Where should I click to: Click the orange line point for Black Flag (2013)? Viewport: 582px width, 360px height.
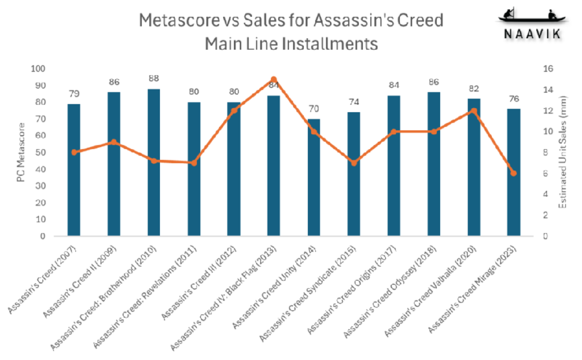(274, 79)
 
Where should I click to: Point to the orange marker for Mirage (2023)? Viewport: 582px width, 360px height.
(514, 173)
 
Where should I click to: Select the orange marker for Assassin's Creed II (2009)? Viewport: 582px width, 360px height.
(114, 142)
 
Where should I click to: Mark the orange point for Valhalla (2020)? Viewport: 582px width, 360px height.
(474, 111)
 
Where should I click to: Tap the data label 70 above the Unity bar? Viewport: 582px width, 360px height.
(314, 109)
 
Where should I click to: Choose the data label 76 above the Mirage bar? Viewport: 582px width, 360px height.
(514, 99)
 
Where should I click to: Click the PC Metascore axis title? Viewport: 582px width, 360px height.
(20, 153)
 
